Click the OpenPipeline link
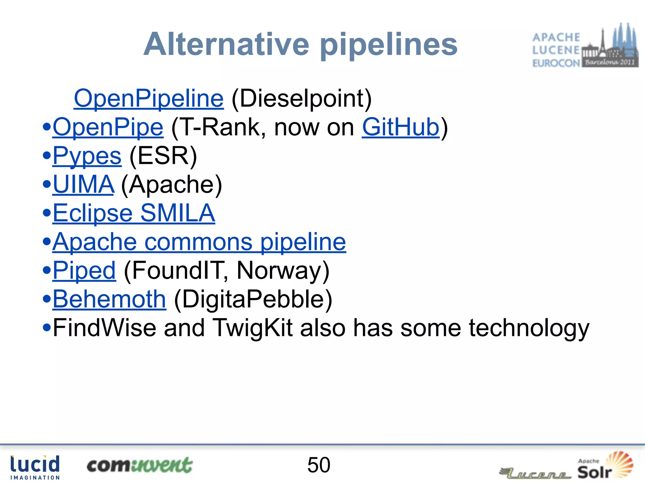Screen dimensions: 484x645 pyautogui.click(x=149, y=99)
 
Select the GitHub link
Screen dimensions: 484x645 pyautogui.click(x=400, y=127)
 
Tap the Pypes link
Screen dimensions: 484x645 pyautogui.click(x=87, y=156)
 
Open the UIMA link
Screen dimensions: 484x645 pyautogui.click(x=83, y=185)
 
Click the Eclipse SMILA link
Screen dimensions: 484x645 pyautogui.click(x=134, y=213)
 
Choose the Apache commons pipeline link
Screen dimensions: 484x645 pyautogui.click(x=199, y=242)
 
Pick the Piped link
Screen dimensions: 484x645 pyautogui.click(x=84, y=271)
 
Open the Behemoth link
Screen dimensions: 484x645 pyautogui.click(x=109, y=299)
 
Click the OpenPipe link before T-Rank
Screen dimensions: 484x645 pyautogui.click(x=108, y=127)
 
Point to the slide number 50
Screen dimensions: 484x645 pyautogui.click(x=319, y=465)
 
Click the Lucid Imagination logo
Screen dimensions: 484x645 pyautogui.click(x=35, y=467)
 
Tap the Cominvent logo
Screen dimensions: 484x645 pyautogui.click(x=139, y=465)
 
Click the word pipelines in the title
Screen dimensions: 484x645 pyautogui.click(x=389, y=45)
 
